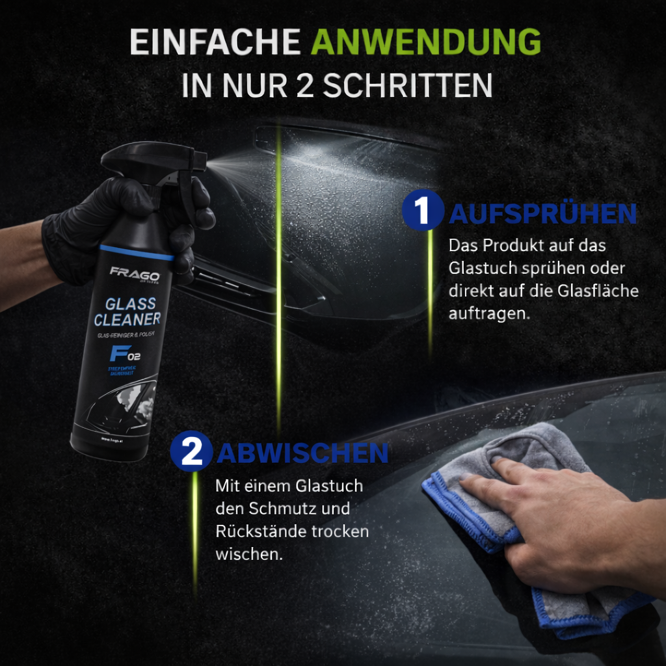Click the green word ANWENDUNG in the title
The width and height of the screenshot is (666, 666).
click(426, 43)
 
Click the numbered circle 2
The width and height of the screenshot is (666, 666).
click(191, 452)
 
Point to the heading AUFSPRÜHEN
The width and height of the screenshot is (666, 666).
click(542, 213)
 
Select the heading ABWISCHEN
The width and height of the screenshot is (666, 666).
click(302, 453)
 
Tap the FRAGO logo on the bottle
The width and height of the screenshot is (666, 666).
click(134, 272)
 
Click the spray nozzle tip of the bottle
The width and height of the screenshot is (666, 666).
click(204, 157)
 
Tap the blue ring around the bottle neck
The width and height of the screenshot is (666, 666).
click(137, 252)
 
